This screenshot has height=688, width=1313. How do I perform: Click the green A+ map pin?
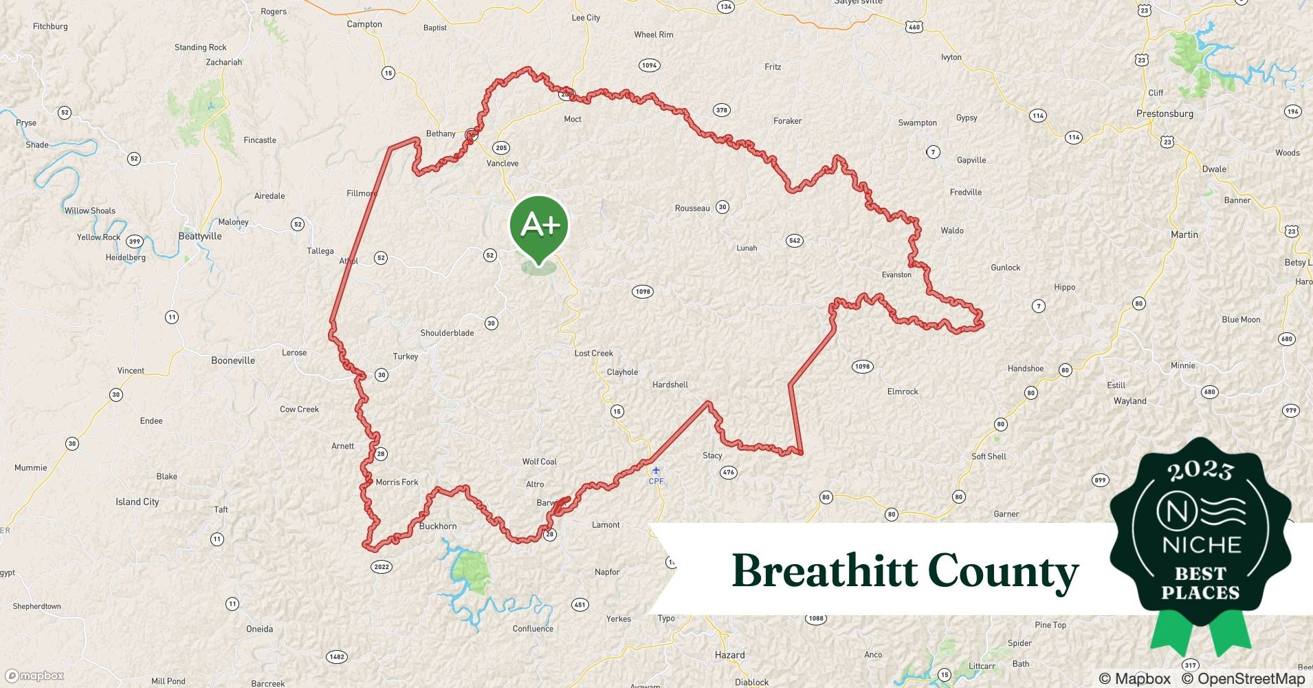coord(539,226)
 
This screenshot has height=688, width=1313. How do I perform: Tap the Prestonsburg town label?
coord(1165,114)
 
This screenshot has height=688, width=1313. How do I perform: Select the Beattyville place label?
coord(200,236)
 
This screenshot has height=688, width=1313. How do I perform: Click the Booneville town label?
coord(233,361)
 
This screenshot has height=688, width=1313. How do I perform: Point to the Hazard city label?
coord(729,655)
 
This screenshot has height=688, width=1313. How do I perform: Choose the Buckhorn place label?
coord(438,526)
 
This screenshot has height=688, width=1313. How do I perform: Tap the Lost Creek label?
coord(594,354)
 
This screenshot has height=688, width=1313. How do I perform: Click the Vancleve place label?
coord(503,163)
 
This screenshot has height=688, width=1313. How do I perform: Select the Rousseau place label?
coord(692,208)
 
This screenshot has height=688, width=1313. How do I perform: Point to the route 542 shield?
coord(795,240)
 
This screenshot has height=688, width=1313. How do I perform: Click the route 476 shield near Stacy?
coord(729,472)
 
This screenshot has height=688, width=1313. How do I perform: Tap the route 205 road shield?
coord(501,148)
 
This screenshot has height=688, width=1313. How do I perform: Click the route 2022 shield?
coord(382,567)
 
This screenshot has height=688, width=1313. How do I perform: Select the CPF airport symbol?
coord(656,471)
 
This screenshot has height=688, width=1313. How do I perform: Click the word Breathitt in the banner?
coord(824,571)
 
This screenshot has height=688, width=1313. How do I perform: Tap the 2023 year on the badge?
coord(1200,470)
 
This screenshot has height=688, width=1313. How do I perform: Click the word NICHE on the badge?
coord(1202,545)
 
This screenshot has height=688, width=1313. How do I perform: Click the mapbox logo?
coord(35,676)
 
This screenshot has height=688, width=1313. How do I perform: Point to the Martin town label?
coord(1184,235)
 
